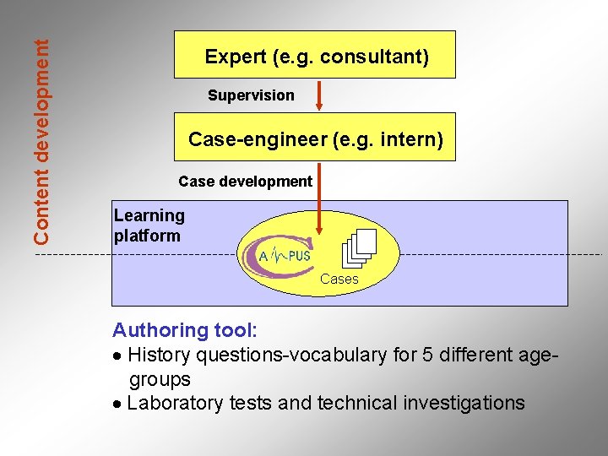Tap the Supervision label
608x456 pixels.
click(x=251, y=95)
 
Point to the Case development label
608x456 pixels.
click(x=245, y=182)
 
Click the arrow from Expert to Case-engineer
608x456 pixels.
click(x=319, y=95)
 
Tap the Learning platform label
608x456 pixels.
click(x=149, y=225)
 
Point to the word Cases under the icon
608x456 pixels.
click(x=339, y=279)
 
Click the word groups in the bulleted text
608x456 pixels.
click(x=160, y=379)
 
